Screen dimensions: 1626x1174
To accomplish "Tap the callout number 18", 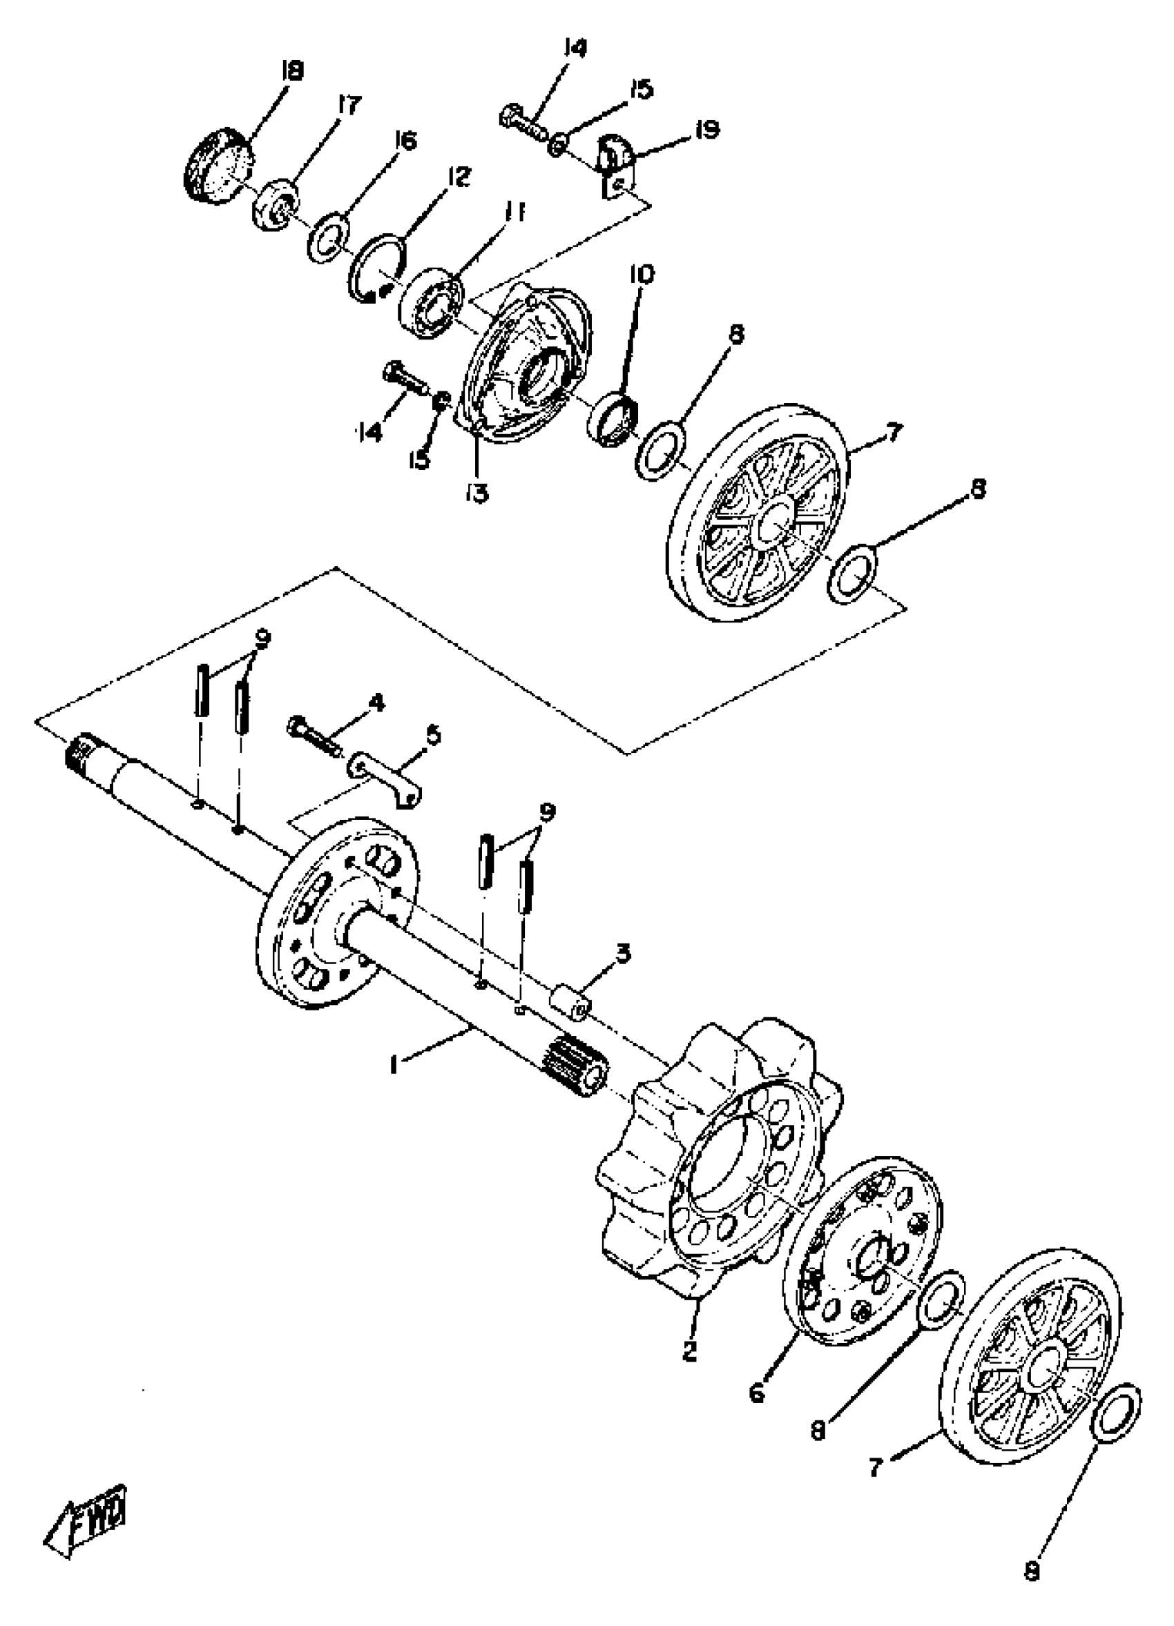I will (293, 72).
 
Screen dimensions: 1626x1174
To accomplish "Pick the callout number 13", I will (477, 492).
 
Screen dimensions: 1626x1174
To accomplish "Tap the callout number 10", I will (642, 275).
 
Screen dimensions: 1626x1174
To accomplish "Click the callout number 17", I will (349, 107).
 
